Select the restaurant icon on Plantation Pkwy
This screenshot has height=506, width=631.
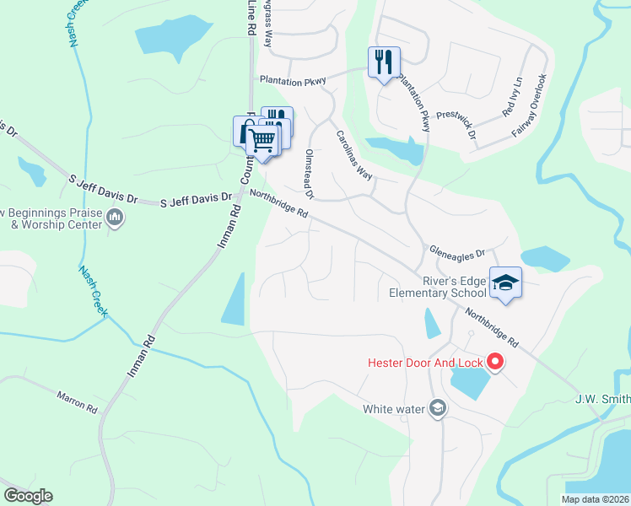pos(384,62)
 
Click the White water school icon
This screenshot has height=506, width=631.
pos(437,409)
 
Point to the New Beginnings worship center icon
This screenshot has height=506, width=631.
pos(116,220)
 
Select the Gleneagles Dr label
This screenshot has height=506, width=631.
pos(457,251)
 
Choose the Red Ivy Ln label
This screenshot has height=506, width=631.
pos(512,97)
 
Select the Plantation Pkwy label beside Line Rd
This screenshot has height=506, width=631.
pos(293,80)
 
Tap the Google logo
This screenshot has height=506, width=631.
pos(28,496)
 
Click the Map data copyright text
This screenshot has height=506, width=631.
pos(595,499)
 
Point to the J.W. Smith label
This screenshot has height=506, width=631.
pos(602,399)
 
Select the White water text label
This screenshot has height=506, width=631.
pos(393,409)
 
